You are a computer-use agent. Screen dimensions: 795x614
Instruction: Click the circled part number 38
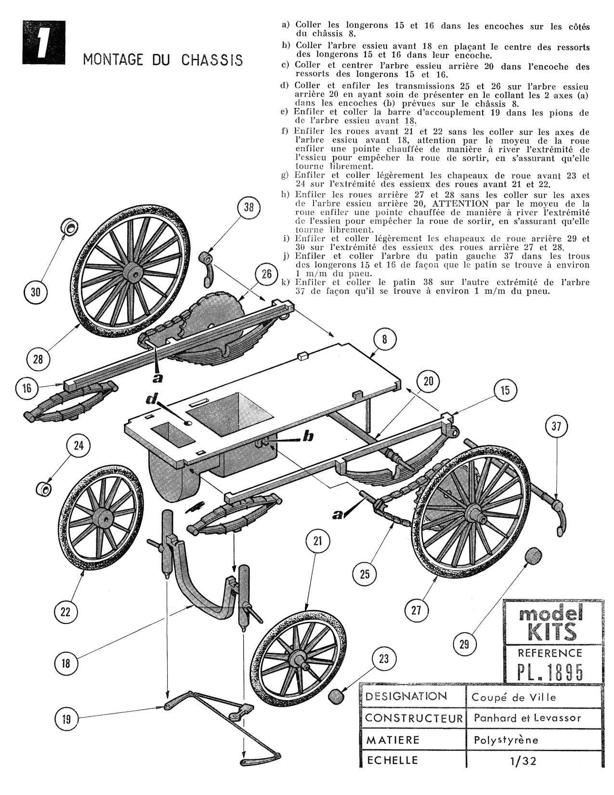pos(249,208)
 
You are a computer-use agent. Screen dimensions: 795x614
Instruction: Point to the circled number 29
pos(464,644)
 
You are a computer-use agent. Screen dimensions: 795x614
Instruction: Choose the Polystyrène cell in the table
pos(505,740)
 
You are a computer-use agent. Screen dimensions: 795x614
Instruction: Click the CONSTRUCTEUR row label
pos(413,718)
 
